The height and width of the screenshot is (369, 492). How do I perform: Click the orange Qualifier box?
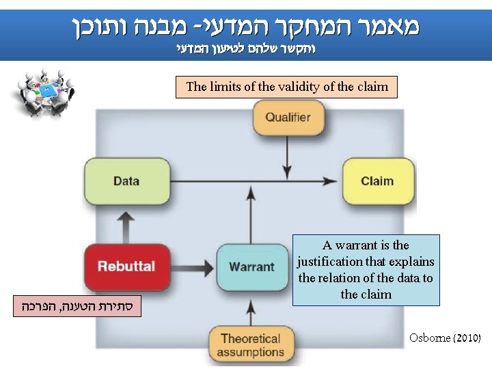coord(288,118)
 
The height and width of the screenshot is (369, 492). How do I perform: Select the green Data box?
coord(126,181)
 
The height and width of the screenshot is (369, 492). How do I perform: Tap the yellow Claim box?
coord(377,181)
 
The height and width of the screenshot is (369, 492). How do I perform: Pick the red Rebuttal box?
coord(126,266)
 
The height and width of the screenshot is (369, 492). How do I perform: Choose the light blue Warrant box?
coord(251,267)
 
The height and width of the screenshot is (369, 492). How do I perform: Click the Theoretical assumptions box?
coord(250,345)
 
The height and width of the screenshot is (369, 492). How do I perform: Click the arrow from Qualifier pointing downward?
coord(288,158)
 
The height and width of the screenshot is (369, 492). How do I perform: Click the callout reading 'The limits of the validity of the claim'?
coord(286,87)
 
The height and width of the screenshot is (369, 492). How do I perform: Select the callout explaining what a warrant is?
coord(366,270)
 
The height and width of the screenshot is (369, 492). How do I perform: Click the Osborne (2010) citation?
coord(445,338)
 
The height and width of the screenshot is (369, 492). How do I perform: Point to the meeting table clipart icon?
coord(43,92)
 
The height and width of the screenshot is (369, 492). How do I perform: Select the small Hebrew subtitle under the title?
coord(246,49)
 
